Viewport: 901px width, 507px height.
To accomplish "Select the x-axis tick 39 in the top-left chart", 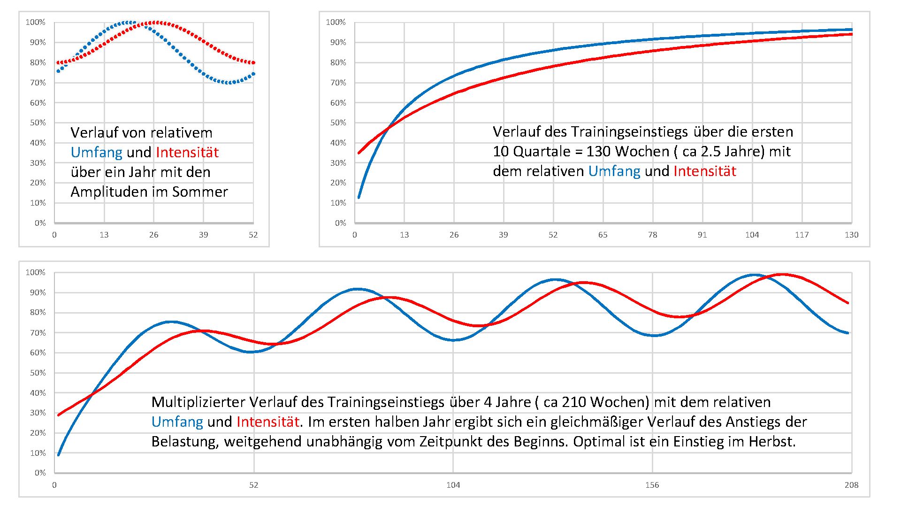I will pyautogui.click(x=203, y=235).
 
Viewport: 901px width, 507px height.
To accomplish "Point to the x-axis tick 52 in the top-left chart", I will pyautogui.click(x=253, y=235).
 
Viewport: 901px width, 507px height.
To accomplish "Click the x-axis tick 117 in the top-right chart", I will pyautogui.click(x=802, y=235).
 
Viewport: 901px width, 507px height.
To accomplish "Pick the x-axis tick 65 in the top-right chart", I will pyautogui.click(x=603, y=235).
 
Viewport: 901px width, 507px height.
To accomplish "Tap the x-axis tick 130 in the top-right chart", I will pyautogui.click(x=852, y=235).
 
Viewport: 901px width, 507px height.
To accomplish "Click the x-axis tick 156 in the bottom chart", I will pyautogui.click(x=652, y=485).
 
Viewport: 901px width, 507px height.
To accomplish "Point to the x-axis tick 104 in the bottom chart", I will pyautogui.click(x=453, y=485).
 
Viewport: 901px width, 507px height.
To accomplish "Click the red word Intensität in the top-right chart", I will pyautogui.click(x=705, y=171).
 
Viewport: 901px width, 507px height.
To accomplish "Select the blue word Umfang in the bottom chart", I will pyautogui.click(x=177, y=422).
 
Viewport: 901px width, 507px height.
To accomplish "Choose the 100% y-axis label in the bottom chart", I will pyautogui.click(x=36, y=272).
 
